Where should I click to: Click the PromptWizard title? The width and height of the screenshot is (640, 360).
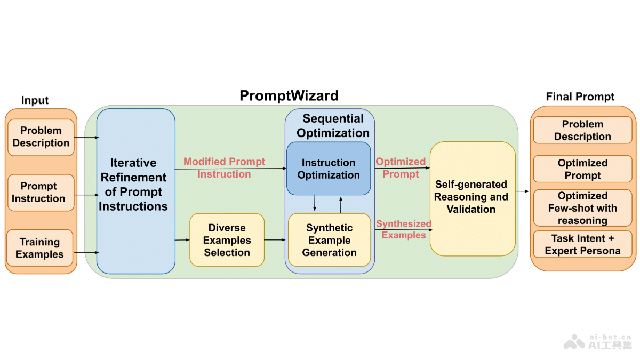coord(289,95)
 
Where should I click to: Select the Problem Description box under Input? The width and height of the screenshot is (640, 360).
coord(41,137)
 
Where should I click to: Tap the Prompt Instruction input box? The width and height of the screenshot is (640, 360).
coord(41,193)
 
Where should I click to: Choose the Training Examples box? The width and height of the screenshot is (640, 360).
coord(40,249)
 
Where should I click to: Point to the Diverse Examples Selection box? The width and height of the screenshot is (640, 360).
coord(227,240)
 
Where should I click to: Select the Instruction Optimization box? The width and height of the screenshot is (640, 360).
coord(329,169)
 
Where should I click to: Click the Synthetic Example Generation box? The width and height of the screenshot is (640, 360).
coord(329,240)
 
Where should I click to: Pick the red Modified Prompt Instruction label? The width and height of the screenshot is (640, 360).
coord(225,167)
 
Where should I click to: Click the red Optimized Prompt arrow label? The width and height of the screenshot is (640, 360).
coord(401,167)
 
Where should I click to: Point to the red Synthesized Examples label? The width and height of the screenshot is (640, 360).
coord(404,229)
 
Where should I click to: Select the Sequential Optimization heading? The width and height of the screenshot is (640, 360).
coord(333,126)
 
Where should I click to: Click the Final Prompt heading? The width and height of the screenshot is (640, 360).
coord(580,97)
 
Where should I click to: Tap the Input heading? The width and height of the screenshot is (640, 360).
coord(35,100)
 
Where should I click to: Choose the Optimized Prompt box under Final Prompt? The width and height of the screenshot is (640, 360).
coord(582,169)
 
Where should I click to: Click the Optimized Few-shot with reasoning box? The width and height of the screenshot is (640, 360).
coord(582,208)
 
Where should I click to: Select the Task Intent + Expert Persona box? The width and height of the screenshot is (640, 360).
coord(582,244)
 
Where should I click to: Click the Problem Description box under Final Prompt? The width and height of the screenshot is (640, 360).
coord(582,131)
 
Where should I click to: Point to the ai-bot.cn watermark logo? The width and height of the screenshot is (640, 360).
coord(598,341)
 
